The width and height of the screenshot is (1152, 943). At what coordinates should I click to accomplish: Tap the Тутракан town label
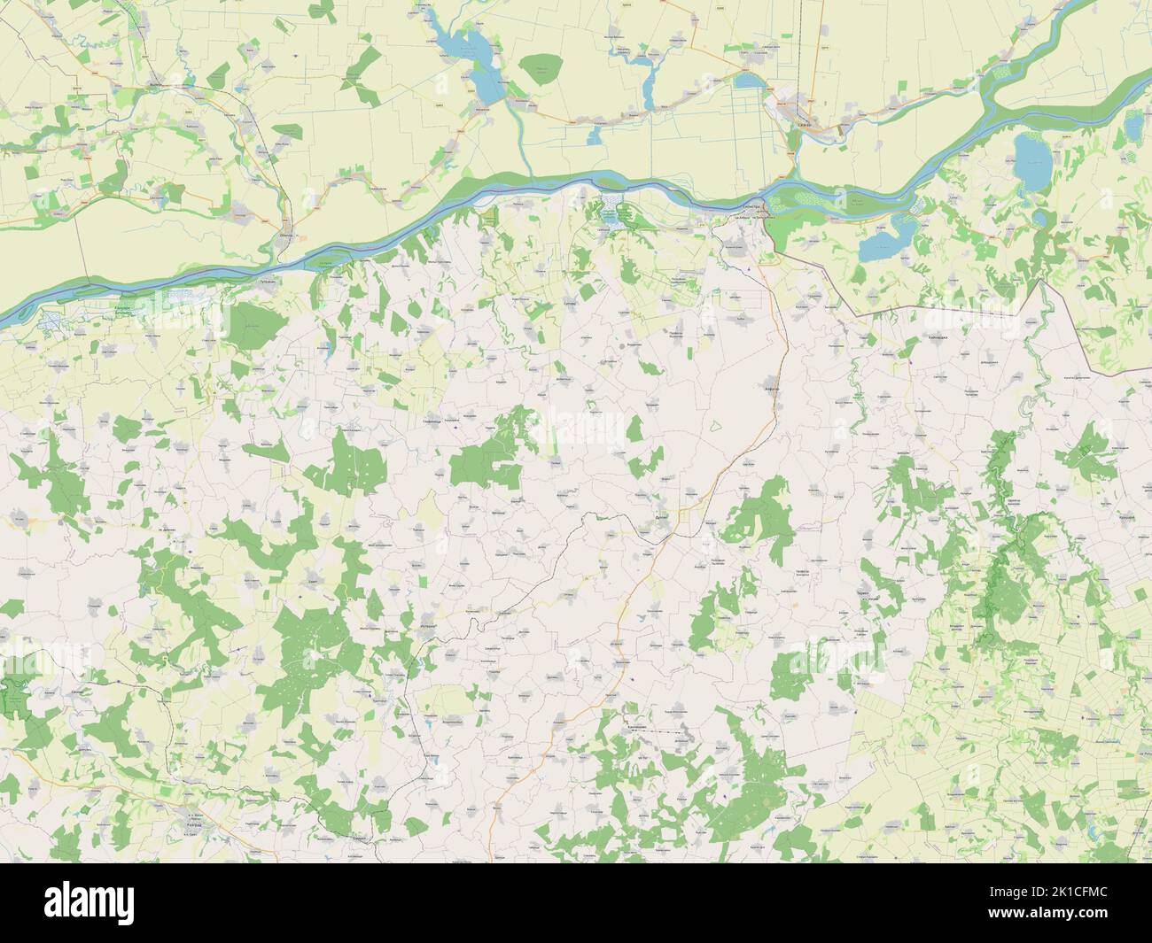tap(267, 281)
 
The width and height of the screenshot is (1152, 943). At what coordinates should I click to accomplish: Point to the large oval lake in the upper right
tap(1032, 157)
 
